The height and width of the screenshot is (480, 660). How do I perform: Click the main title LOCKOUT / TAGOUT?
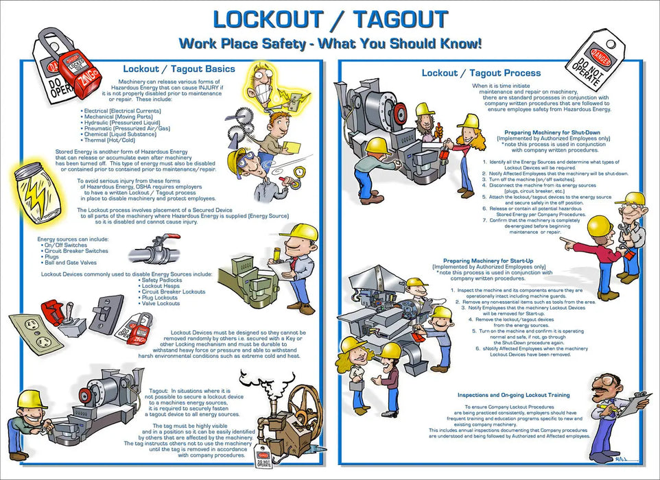pos(330,19)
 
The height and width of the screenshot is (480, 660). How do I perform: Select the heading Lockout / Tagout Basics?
pos(178,69)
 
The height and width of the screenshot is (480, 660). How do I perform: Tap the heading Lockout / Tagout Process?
pos(480,73)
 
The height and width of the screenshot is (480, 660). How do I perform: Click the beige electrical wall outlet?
pos(30,328)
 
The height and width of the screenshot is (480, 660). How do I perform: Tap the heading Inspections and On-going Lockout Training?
pos(523,396)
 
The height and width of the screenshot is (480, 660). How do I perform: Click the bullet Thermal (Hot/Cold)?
pos(118,139)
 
